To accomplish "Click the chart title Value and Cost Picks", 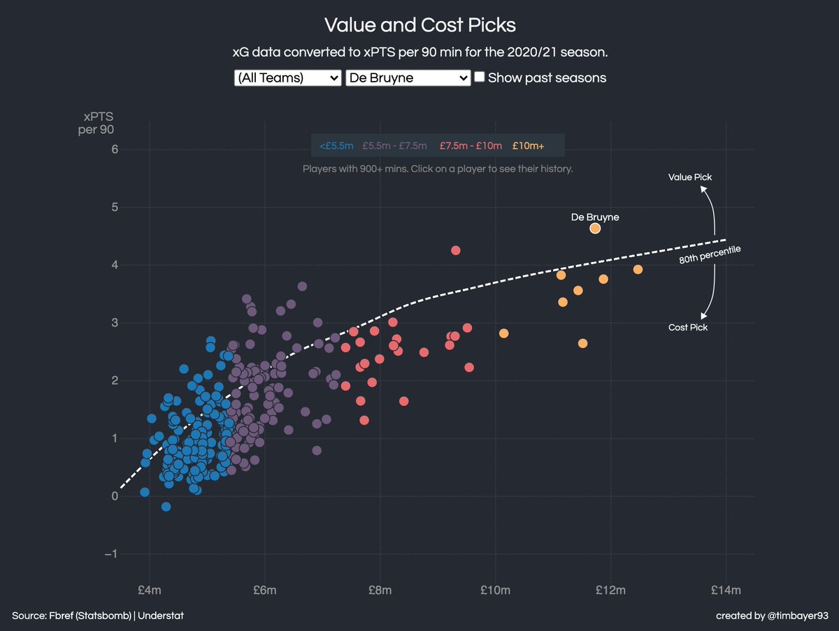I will pyautogui.click(x=419, y=26).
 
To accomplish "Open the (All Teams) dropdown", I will pyautogui.click(x=287, y=78).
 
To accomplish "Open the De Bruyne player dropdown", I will pyautogui.click(x=408, y=78).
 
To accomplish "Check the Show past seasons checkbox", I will pyautogui.click(x=480, y=78).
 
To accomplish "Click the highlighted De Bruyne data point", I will pyautogui.click(x=595, y=229).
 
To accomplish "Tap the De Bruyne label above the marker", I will pyautogui.click(x=595, y=217).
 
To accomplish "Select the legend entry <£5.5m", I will pyautogui.click(x=336, y=146).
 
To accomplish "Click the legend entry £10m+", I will pyautogui.click(x=528, y=146).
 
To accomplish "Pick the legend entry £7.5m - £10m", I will pyautogui.click(x=471, y=146).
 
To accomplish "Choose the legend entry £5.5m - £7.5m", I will pyautogui.click(x=394, y=146).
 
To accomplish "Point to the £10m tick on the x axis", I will pyautogui.click(x=495, y=590).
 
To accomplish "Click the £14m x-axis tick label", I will pyautogui.click(x=725, y=590).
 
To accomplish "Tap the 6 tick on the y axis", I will pyautogui.click(x=114, y=150).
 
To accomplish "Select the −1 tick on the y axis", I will pyautogui.click(x=110, y=554).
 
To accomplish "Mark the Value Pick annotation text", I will pyautogui.click(x=689, y=177).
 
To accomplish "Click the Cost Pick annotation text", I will pyautogui.click(x=688, y=327).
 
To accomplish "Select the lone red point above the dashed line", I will pyautogui.click(x=456, y=250).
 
